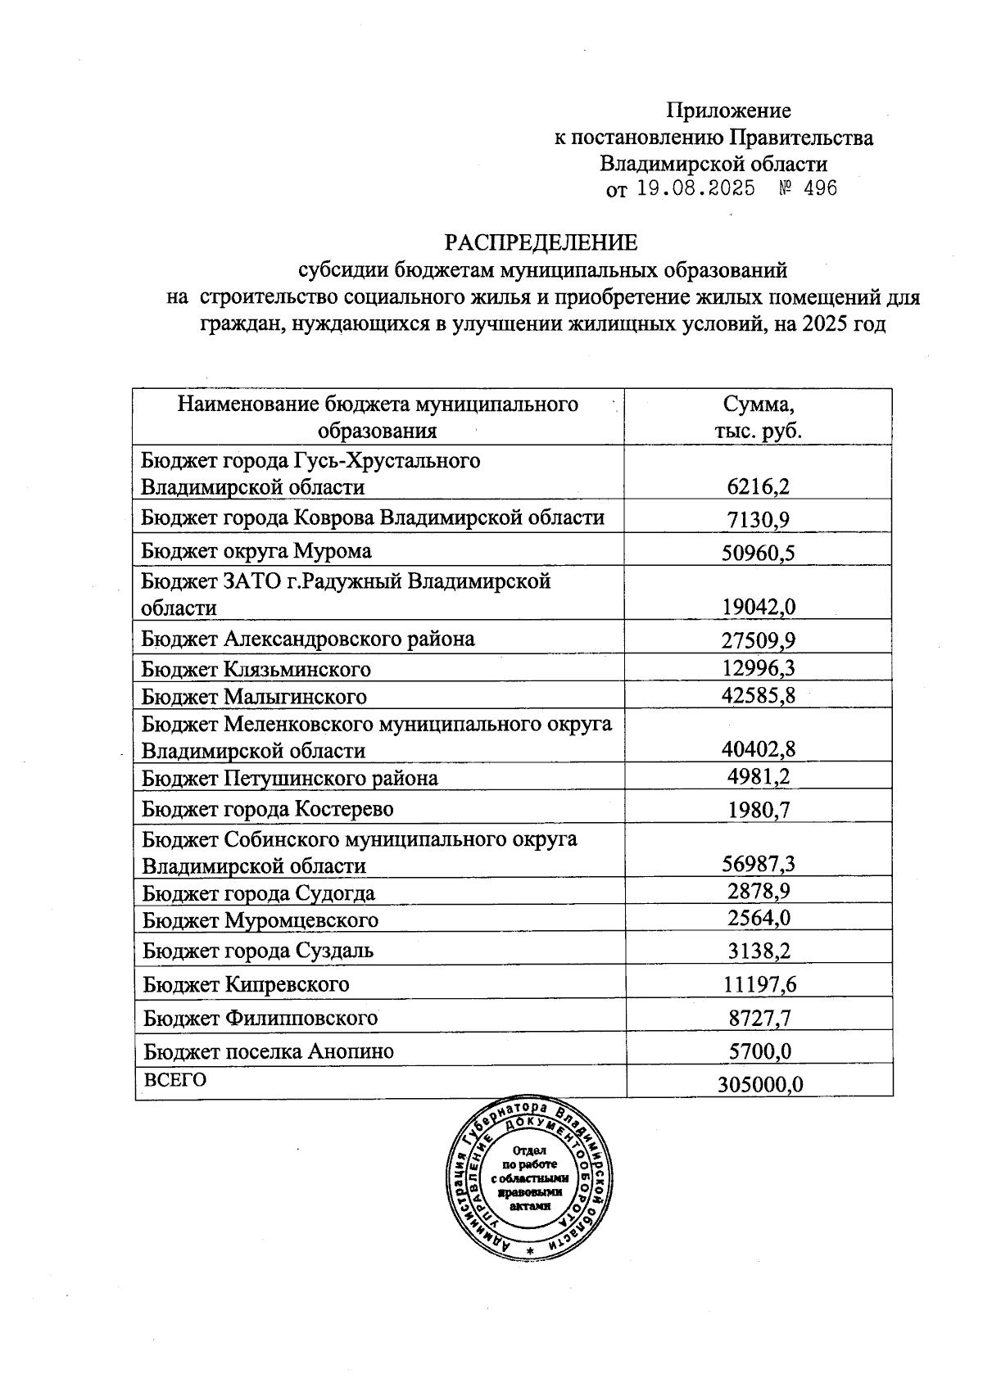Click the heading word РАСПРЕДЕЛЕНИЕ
click(x=541, y=242)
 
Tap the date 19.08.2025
click(x=695, y=189)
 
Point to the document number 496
click(x=820, y=189)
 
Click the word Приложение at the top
click(x=728, y=110)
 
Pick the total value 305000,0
click(x=759, y=1084)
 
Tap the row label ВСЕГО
click(x=175, y=1079)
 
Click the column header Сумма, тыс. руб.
click(x=758, y=417)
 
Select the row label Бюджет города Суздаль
click(x=258, y=951)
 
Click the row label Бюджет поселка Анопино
click(x=269, y=1051)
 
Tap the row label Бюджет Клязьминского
click(x=256, y=669)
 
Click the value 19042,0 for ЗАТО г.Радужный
click(x=759, y=607)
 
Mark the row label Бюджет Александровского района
click(x=308, y=638)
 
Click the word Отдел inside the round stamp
click(x=529, y=1150)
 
